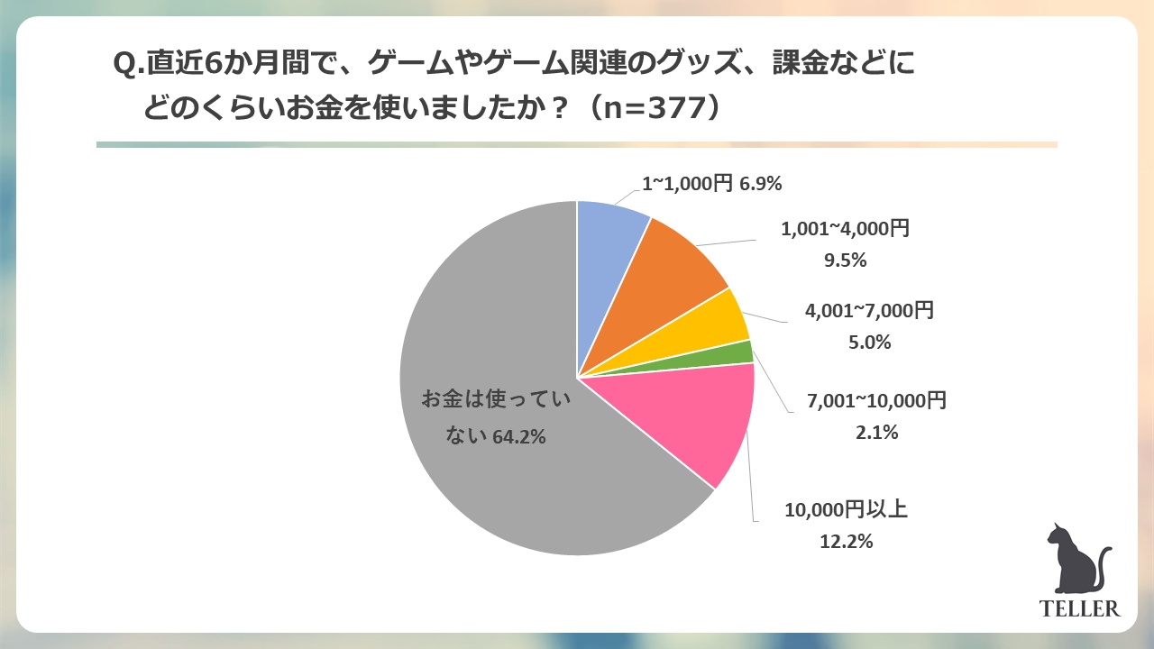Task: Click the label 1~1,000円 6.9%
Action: tap(711, 184)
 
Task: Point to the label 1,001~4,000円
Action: tap(845, 229)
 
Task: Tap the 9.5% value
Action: tap(845, 261)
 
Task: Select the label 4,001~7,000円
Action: tap(869, 311)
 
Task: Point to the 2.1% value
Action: tap(876, 433)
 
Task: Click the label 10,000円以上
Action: tap(845, 510)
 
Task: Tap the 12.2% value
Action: tap(845, 542)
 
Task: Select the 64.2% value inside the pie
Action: tap(520, 438)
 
